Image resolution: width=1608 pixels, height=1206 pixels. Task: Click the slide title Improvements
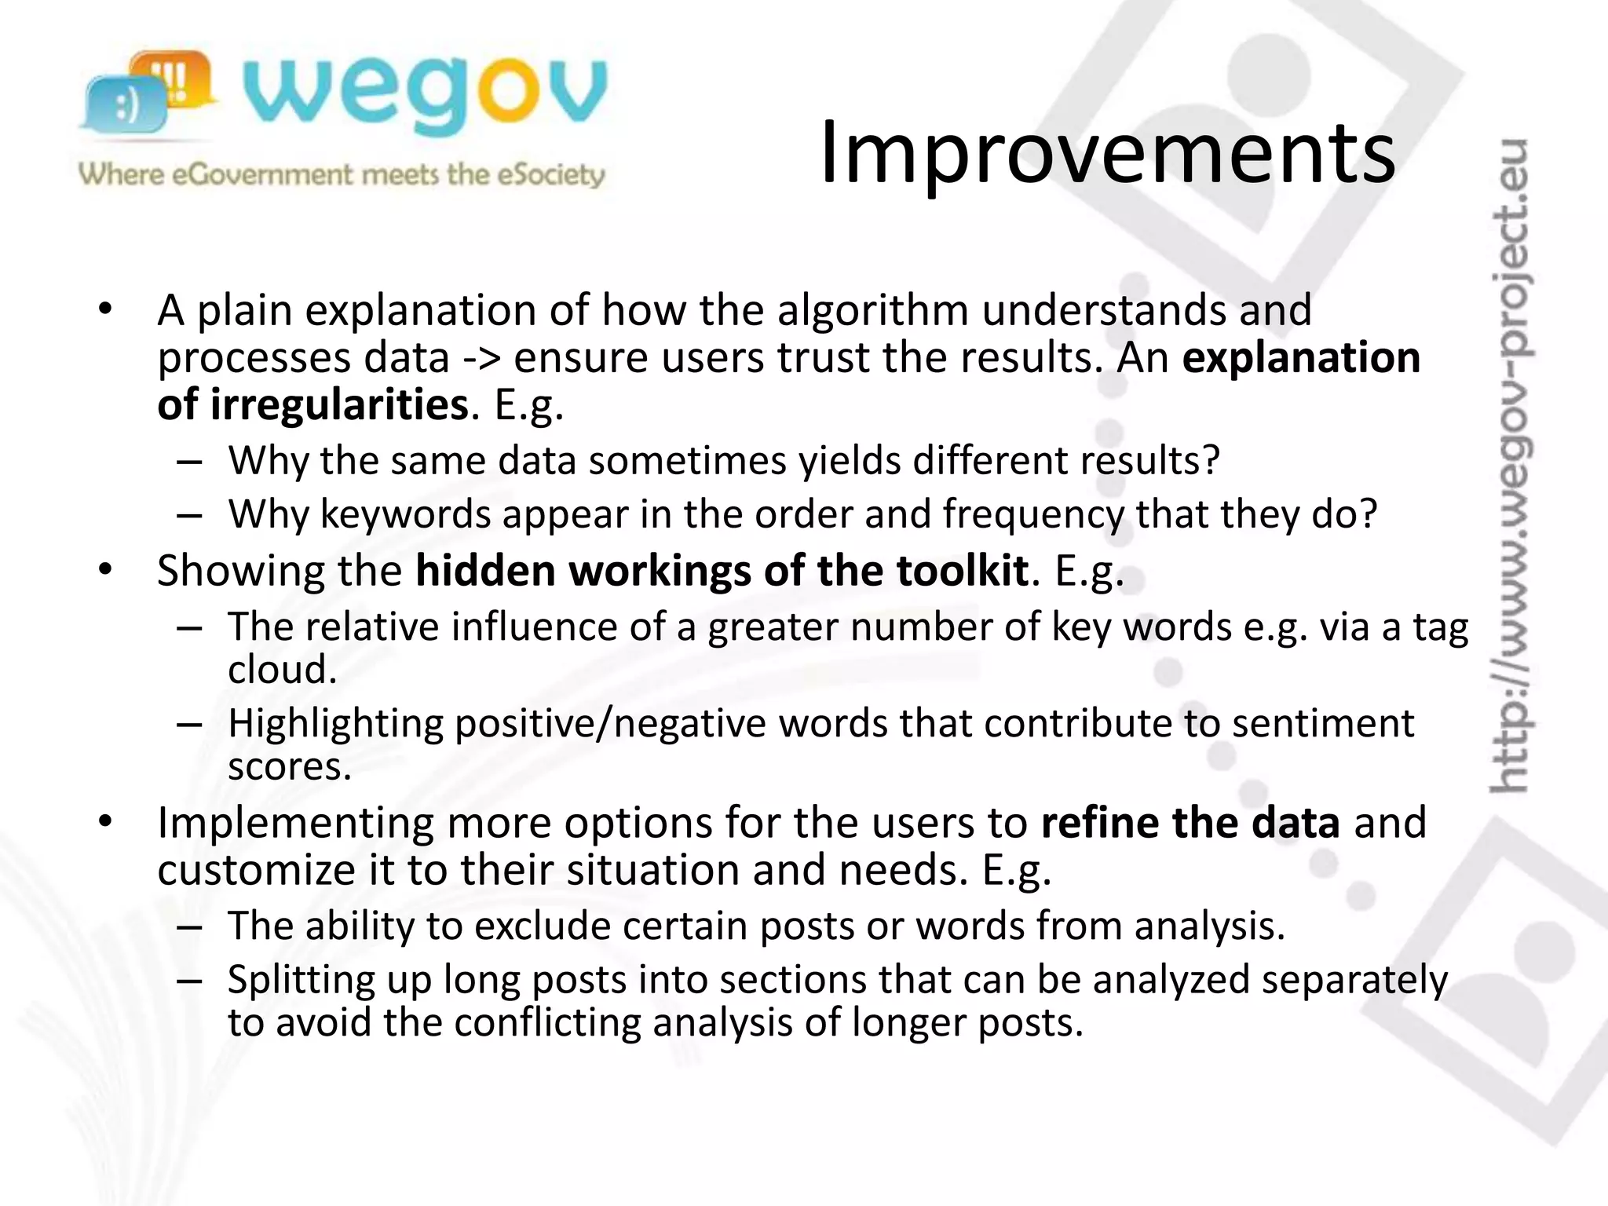(x=1107, y=153)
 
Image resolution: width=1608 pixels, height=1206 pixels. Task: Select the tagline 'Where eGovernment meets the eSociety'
(x=342, y=174)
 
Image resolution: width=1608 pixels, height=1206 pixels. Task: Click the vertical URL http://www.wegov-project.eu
(x=1509, y=463)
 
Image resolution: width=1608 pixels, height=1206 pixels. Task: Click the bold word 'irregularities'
(x=339, y=405)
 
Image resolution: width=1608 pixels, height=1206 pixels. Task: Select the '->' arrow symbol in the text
(x=481, y=359)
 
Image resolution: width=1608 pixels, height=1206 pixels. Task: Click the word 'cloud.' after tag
(x=282, y=670)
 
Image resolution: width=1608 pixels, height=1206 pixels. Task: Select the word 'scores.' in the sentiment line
(x=289, y=766)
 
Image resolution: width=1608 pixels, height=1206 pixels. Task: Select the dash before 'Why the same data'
(x=189, y=462)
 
